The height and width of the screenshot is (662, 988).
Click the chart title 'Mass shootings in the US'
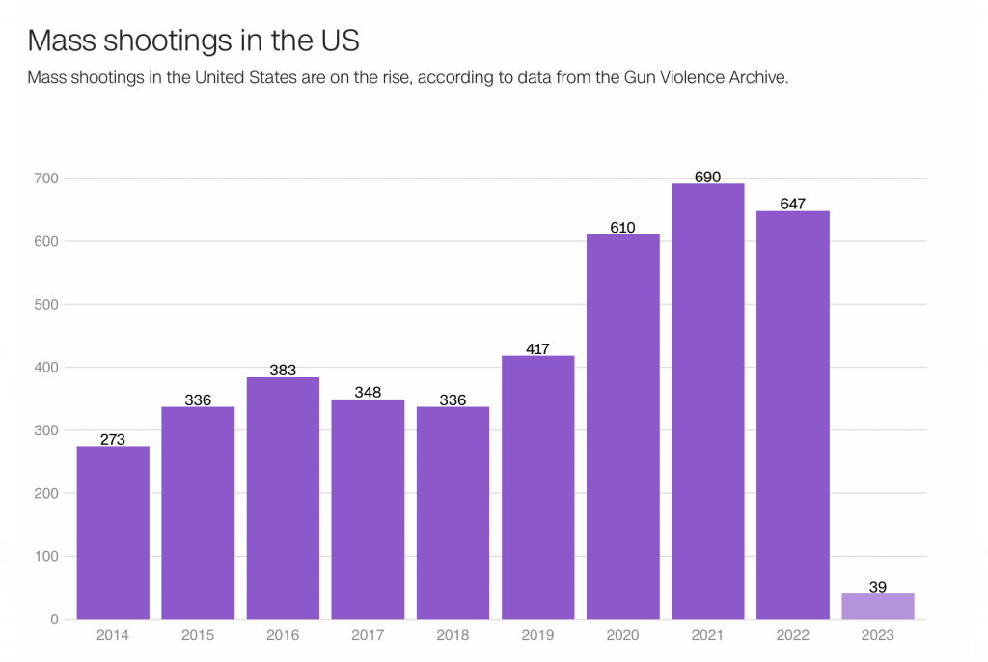(193, 41)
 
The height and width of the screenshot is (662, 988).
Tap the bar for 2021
(708, 400)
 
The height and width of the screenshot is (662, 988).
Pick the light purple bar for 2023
(878, 606)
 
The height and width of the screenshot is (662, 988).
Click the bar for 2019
(538, 486)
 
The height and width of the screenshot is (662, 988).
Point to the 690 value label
(708, 177)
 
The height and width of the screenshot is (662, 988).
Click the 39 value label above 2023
(878, 587)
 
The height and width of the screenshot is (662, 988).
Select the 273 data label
(113, 439)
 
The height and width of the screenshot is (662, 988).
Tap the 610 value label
(623, 227)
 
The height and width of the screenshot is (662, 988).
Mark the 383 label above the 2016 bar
(283, 370)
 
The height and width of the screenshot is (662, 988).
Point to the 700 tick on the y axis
(47, 179)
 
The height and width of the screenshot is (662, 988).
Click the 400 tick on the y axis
(47, 368)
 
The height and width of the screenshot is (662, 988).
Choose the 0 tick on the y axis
(55, 619)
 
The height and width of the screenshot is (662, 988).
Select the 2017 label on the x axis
(368, 635)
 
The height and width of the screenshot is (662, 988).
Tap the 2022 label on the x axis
(793, 635)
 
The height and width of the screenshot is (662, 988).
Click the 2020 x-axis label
(623, 635)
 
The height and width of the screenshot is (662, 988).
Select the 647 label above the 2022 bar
(793, 204)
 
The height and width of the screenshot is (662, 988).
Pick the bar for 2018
(453, 512)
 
